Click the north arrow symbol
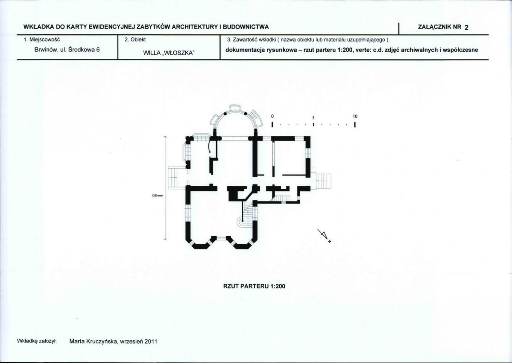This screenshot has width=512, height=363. point(324,235)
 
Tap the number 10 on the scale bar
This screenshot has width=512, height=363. point(355,116)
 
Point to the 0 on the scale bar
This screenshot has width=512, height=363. point(272,116)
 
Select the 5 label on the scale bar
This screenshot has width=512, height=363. point(313,117)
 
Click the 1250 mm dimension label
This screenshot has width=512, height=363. point(157,196)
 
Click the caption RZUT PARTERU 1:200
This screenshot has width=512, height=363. point(254,286)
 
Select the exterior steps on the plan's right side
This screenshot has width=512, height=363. point(323,181)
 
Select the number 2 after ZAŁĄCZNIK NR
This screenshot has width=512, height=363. point(466,27)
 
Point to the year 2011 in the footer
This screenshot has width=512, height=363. point(151,342)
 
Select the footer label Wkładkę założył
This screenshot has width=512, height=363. point(37,341)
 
